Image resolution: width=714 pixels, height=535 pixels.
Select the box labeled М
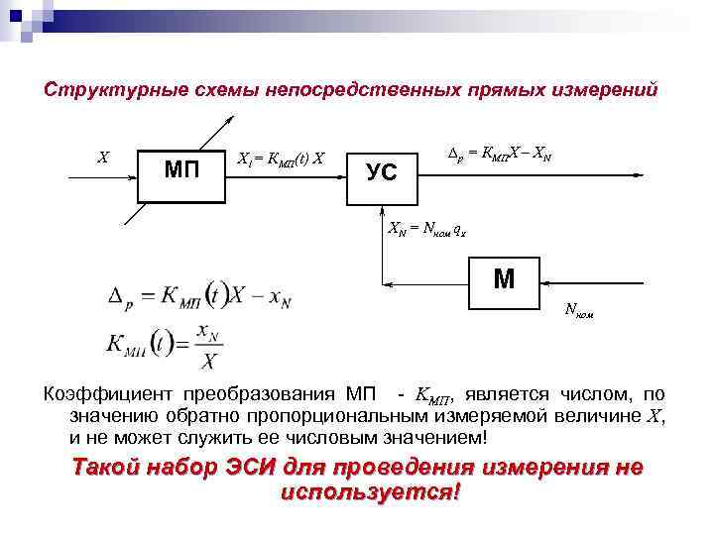[x=503, y=280]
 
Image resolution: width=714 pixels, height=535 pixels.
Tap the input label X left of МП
[x=101, y=157]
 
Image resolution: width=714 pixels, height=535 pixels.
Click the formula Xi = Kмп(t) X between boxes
[x=283, y=158]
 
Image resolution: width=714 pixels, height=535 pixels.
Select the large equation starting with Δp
[x=199, y=295]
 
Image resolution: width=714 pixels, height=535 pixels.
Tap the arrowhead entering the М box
[x=544, y=280]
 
